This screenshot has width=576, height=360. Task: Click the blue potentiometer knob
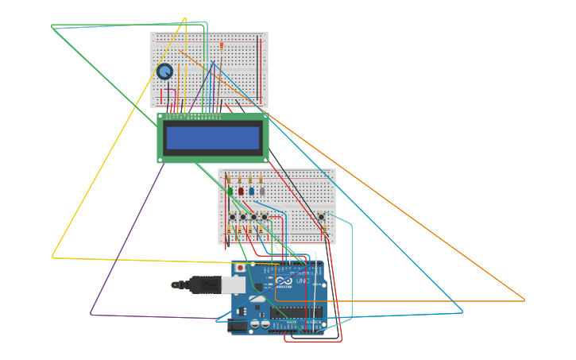164,72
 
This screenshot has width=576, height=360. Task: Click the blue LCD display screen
213,138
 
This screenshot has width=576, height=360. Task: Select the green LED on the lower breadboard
230,191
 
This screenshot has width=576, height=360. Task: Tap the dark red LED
241,191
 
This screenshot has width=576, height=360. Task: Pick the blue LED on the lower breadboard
252,191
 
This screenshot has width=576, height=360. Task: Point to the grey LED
262,191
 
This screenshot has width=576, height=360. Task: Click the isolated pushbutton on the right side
321,216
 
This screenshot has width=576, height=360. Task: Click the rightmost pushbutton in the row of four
265,216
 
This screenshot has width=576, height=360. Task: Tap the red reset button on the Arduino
240,269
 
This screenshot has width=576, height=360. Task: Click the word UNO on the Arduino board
303,281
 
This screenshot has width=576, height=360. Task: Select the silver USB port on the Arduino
234,285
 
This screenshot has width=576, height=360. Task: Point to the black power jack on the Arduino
237,326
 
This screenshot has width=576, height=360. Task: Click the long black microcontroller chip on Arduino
297,312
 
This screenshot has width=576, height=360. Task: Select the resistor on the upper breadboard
222,46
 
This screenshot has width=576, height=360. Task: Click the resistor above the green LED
229,180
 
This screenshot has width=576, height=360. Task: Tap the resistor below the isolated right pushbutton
324,230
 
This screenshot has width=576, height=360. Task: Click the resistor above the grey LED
261,180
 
